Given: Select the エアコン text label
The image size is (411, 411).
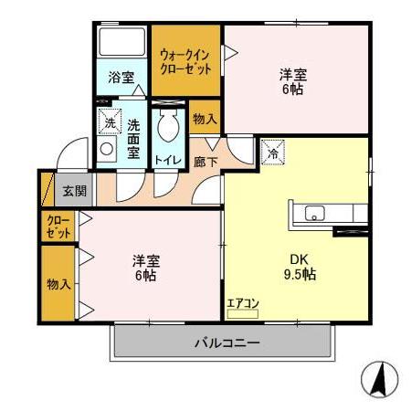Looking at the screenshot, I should [x=243, y=302].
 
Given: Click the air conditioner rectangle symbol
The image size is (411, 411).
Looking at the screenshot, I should [x=243, y=313].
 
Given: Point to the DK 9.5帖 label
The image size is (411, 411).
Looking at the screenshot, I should [x=297, y=265].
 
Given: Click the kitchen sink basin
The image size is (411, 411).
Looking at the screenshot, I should [x=313, y=216].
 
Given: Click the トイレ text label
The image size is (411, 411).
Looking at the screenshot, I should [x=167, y=161].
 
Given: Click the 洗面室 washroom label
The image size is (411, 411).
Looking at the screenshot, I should [x=134, y=139].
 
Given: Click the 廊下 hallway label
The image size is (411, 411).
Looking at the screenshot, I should [x=205, y=161].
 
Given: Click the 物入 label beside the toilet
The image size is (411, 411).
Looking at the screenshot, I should [x=205, y=119].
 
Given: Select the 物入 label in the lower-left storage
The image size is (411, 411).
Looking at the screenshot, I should [x=58, y=284].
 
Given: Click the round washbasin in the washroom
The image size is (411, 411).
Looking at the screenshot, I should [x=107, y=149].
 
